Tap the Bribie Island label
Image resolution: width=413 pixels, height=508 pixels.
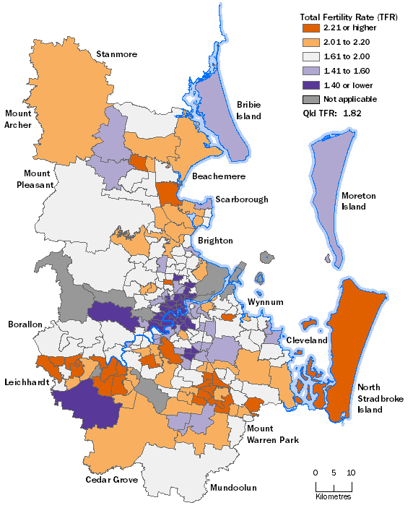click(248, 110)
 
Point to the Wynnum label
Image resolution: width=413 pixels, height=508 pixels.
click(265, 301)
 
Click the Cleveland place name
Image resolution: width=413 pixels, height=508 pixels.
click(306, 340)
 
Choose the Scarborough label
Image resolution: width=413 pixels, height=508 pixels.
click(241, 199)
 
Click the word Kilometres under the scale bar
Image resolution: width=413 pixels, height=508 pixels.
click(333, 496)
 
